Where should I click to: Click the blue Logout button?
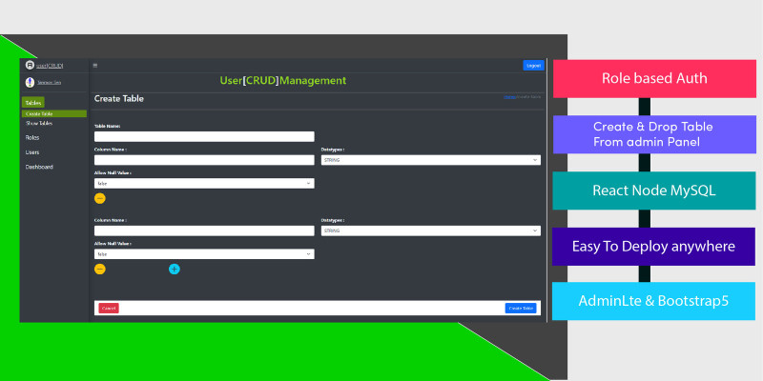[x=533, y=66]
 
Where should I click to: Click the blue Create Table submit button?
[x=521, y=308]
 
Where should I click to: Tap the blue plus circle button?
[x=175, y=269]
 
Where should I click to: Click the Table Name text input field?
[x=204, y=136]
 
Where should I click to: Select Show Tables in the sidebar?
[x=39, y=124]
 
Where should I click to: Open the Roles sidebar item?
[x=32, y=138]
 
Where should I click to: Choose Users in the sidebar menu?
[x=32, y=152]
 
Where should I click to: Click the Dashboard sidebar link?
[x=39, y=167]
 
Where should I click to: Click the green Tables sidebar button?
[x=33, y=102]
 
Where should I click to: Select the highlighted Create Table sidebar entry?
[x=39, y=113]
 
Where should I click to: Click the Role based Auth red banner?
[x=654, y=78]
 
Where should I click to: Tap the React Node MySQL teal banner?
[x=654, y=190]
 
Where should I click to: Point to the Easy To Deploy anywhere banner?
[x=654, y=246]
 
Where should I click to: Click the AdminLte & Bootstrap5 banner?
[x=654, y=301]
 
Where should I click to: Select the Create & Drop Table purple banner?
[x=654, y=134]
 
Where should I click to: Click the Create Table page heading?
[x=119, y=98]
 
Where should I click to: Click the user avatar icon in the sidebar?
[x=30, y=83]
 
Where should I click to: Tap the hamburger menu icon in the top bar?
[x=94, y=65]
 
